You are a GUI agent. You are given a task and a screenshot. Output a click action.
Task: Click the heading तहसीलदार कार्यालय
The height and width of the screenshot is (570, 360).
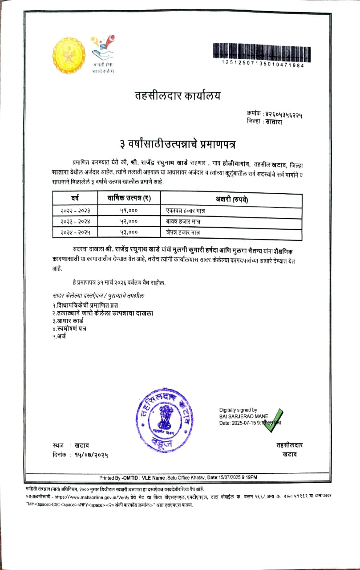pos(177,95)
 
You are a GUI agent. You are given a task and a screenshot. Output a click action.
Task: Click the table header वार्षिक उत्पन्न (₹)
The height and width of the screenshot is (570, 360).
pos(129,198)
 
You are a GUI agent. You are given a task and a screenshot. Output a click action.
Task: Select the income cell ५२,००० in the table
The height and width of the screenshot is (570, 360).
pos(129,221)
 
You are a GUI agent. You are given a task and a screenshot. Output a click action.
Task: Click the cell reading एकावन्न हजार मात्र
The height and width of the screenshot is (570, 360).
pos(183,209)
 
